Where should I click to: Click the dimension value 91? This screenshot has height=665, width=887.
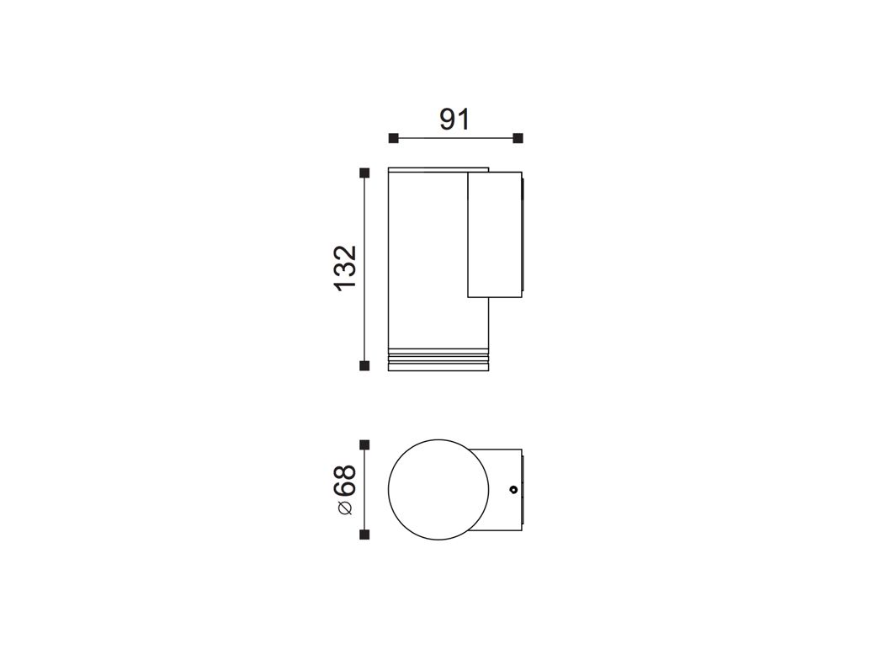(x=454, y=120)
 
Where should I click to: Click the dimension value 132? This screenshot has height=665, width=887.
(x=346, y=269)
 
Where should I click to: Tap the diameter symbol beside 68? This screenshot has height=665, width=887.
(x=345, y=508)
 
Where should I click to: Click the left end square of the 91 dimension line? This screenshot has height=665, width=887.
(x=394, y=138)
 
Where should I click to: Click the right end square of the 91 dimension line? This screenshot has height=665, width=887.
(x=518, y=138)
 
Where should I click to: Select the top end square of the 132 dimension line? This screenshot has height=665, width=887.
(x=365, y=172)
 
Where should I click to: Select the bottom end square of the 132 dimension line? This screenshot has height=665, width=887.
(x=365, y=365)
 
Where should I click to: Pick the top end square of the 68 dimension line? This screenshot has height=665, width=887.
(x=365, y=444)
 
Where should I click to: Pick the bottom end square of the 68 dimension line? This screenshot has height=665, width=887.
(x=365, y=535)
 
